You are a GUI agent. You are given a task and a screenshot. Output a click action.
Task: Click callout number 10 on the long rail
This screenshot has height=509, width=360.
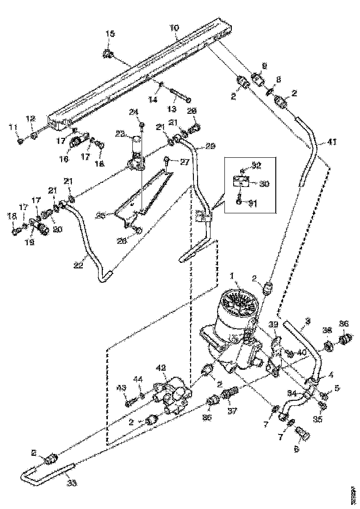tap(174, 28)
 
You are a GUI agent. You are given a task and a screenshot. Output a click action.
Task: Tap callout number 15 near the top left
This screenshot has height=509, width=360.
tap(110, 34)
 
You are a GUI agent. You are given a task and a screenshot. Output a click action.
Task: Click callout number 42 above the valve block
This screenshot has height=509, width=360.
tap(161, 369)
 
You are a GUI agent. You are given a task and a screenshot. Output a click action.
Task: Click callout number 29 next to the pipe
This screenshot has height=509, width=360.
tap(211, 146)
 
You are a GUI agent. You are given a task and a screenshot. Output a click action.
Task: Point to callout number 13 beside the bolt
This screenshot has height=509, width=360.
tap(172, 109)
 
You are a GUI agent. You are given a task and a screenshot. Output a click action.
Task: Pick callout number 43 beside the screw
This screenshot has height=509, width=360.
tap(121, 387)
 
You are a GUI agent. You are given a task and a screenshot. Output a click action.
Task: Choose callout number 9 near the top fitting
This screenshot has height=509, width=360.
tap(265, 65)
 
